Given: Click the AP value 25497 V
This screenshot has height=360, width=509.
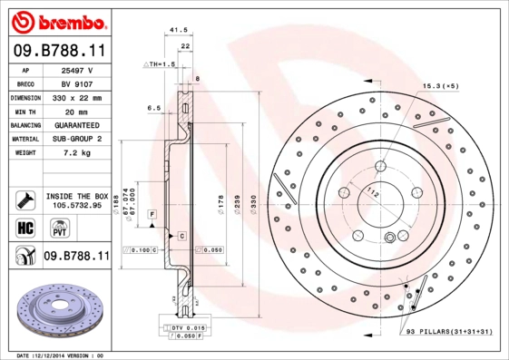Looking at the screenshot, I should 76,69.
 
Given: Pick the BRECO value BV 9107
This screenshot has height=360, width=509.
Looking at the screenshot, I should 76,83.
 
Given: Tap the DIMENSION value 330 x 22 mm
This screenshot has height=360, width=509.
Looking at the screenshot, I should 76,97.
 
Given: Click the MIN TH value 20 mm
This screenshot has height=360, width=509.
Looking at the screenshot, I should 76,111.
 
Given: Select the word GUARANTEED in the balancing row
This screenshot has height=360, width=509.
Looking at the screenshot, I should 76,125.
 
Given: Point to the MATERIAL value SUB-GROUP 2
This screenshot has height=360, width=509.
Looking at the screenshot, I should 76,139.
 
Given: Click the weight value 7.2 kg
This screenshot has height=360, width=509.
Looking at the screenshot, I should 76,153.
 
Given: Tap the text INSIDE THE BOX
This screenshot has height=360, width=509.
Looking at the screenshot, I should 76,196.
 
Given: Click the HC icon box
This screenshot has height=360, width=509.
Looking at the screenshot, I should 24,227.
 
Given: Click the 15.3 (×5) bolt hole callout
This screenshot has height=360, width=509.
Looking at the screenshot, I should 439,85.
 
